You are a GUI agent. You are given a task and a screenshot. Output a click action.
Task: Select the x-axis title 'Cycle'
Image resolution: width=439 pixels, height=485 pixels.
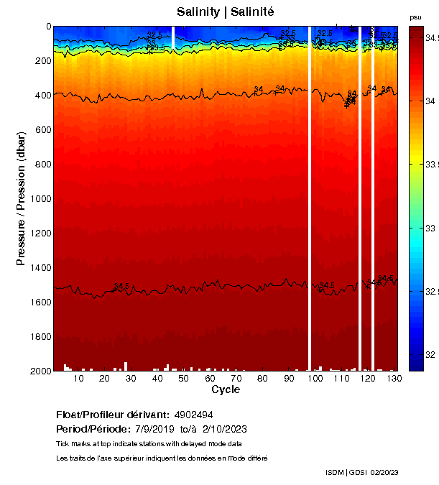coord(226,389)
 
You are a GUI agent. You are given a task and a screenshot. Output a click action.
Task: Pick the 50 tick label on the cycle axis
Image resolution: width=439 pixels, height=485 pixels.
coord(183,378)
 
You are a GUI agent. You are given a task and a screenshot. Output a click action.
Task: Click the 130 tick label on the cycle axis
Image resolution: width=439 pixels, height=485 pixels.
coord(393,378)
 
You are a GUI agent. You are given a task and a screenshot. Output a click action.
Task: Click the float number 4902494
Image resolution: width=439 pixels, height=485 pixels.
coord(193,415)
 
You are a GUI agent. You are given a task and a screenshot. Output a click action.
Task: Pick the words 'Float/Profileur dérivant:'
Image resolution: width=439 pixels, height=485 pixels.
coord(112,415)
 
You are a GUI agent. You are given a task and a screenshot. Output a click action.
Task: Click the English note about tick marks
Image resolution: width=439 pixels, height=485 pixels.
coord(148,443)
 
